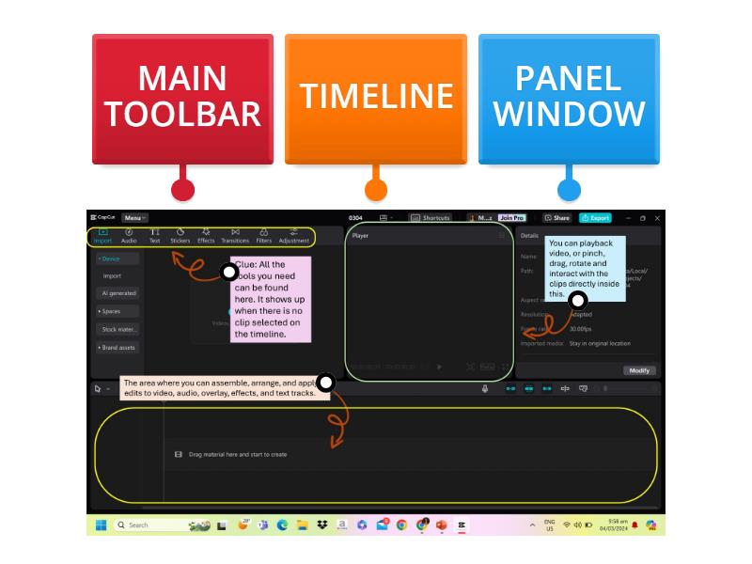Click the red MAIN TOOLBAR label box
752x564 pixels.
click(182, 97)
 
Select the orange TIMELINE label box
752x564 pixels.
click(376, 97)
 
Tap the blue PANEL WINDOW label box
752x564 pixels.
click(569, 97)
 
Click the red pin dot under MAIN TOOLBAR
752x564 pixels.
click(182, 190)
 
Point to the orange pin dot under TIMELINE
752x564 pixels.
click(376, 190)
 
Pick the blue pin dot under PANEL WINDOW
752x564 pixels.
click(569, 190)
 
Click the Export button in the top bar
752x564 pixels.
click(595, 218)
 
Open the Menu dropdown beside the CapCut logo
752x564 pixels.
click(133, 218)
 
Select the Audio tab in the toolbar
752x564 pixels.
click(129, 235)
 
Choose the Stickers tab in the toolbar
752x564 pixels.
click(180, 235)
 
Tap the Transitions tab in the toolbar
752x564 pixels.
click(235, 235)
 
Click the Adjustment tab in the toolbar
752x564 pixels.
click(294, 235)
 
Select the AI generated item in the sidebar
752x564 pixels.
click(118, 293)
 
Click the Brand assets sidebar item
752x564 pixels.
click(118, 348)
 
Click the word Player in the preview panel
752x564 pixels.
click(360, 236)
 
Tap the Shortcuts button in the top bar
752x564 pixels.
click(431, 218)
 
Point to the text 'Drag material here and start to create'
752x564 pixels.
click(238, 455)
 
